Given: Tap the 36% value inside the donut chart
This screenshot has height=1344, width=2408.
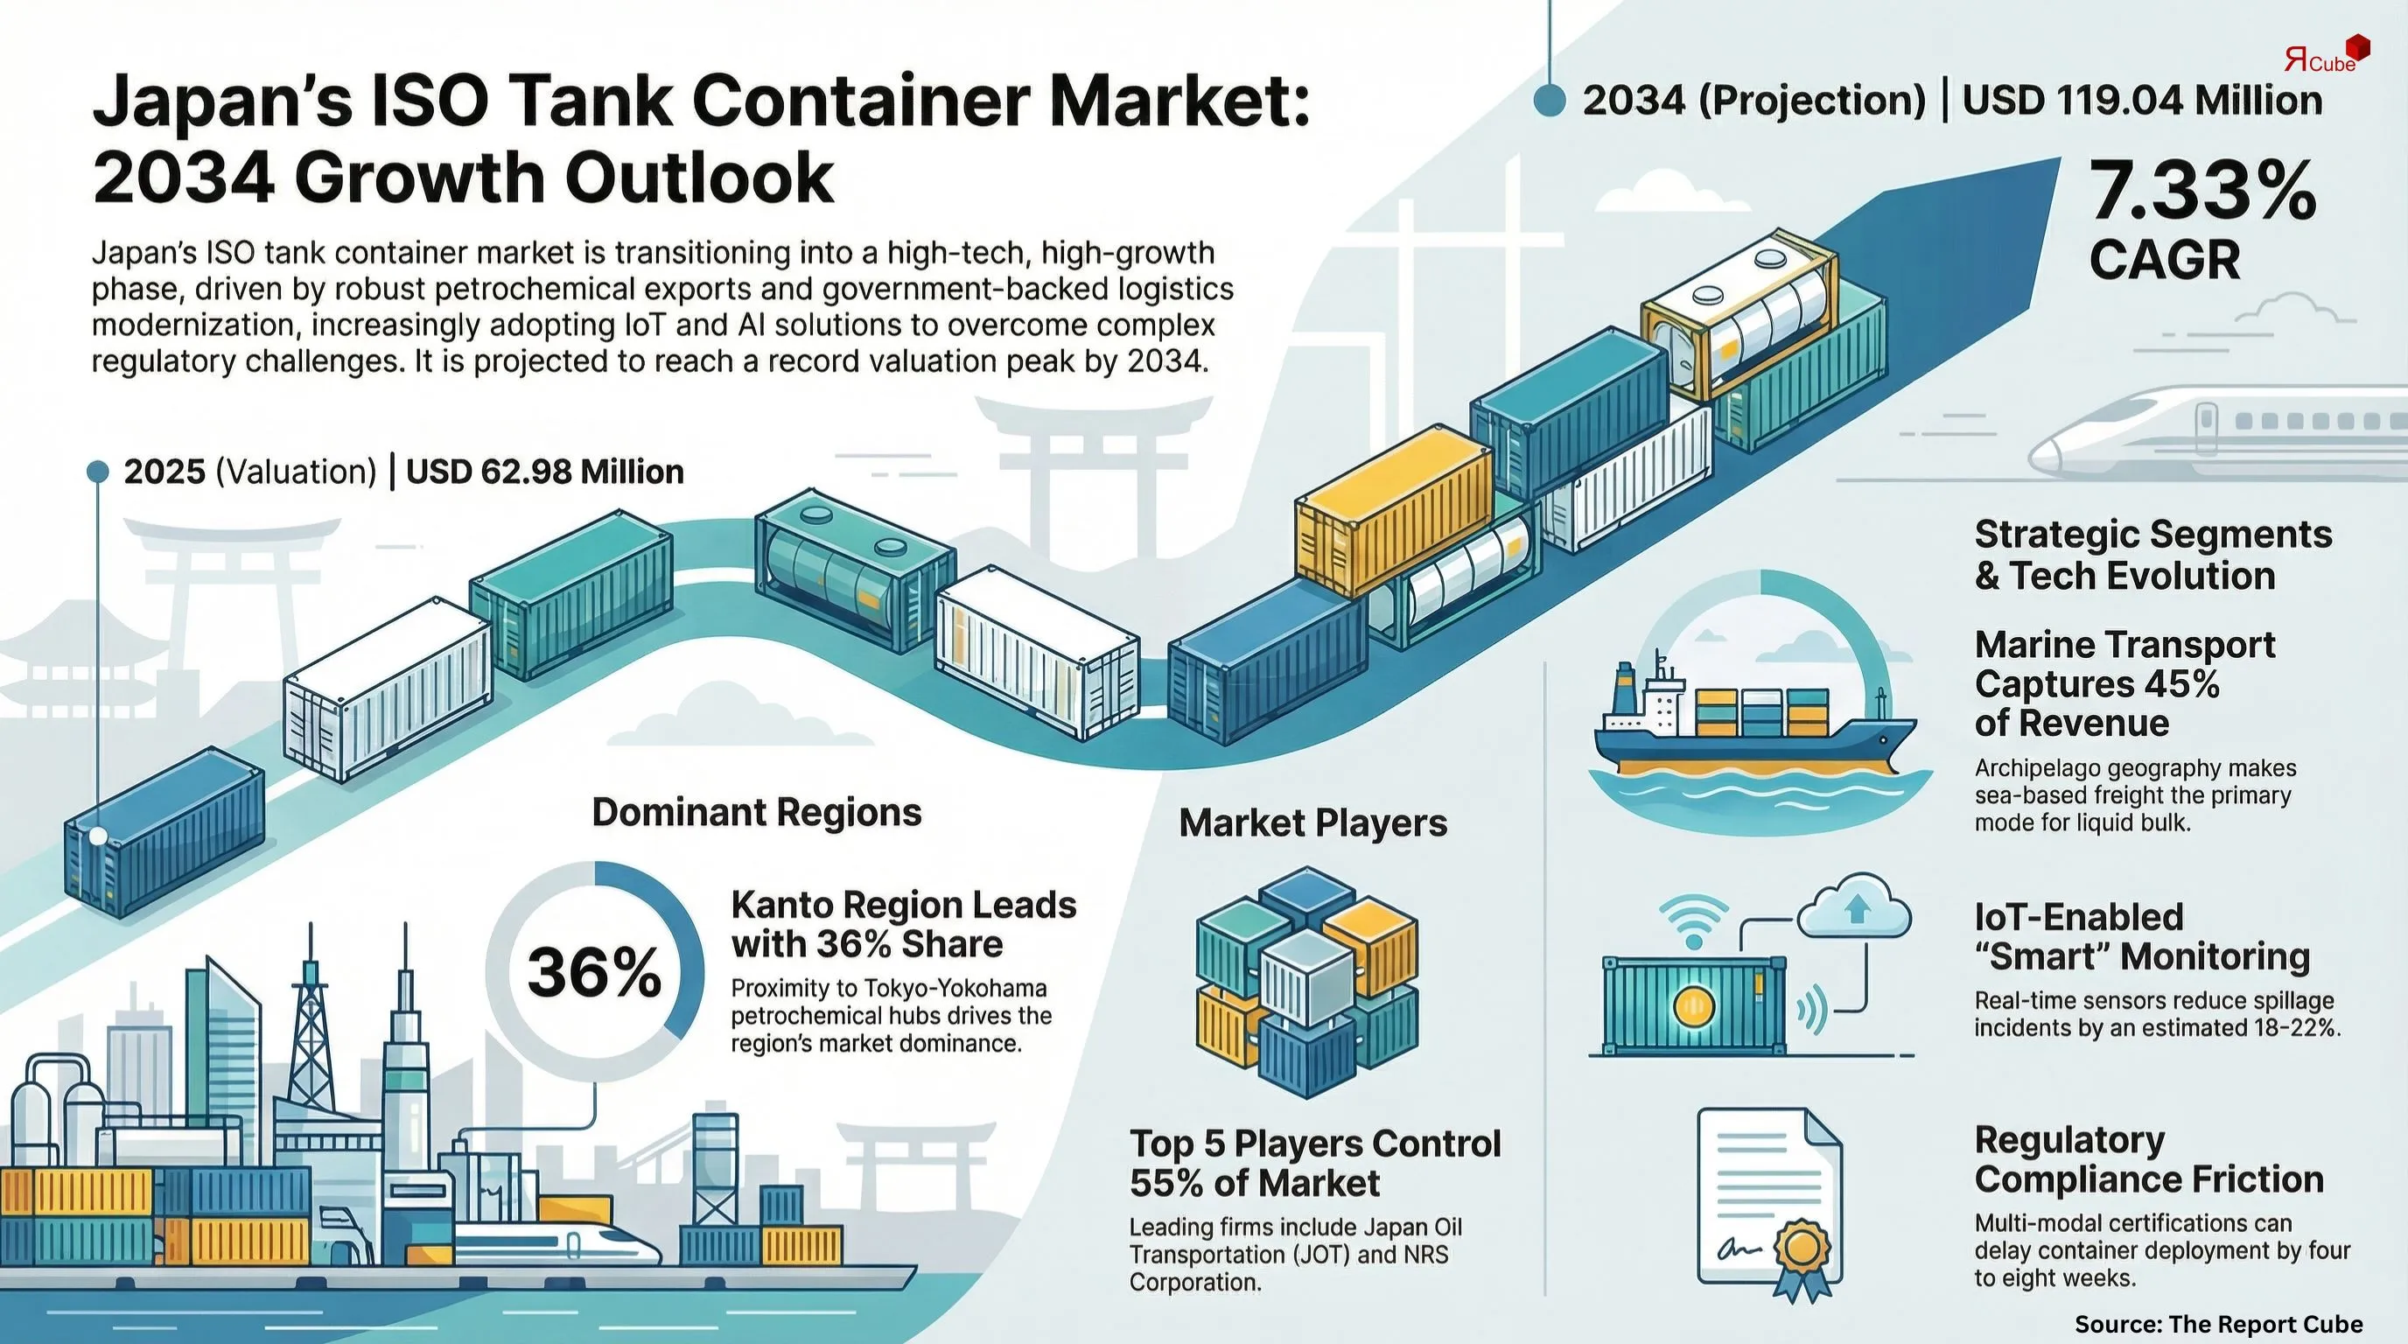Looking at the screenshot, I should [594, 972].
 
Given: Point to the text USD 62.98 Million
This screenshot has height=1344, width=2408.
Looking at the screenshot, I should [545, 471].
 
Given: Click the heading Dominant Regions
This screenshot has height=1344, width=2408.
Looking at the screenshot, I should [756, 812].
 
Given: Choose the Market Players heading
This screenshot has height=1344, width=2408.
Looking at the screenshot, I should [1312, 822].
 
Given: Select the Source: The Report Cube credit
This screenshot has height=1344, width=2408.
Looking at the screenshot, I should [2218, 1324].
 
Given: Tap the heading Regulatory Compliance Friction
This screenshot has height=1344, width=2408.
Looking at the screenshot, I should [2148, 1159].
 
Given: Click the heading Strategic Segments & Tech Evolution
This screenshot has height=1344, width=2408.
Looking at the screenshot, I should [2152, 554].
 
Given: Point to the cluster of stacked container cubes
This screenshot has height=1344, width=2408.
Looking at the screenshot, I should [1307, 982].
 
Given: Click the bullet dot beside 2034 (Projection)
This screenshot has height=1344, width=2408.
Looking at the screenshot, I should [1550, 101].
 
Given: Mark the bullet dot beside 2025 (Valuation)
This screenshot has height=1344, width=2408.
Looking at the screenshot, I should [98, 471].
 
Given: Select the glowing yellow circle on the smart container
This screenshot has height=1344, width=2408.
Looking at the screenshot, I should [1693, 1006].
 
